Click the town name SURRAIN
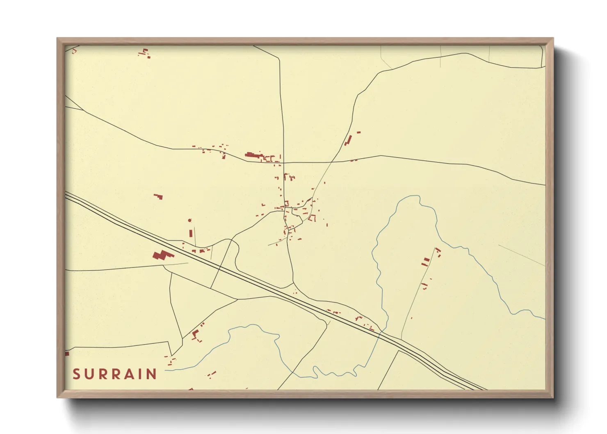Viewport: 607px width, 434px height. point(115,374)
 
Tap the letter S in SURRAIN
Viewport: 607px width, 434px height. point(76,374)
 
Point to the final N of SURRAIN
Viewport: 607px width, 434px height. point(152,374)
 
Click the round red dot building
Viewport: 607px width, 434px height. point(189,220)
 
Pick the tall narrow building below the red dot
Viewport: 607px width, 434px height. point(191,233)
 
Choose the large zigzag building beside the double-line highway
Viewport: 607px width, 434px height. point(162,256)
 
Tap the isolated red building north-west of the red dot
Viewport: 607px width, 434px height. point(158,196)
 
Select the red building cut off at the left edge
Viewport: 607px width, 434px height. point(67,353)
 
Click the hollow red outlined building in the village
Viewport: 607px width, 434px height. point(313,218)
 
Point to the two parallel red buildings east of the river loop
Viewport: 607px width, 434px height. point(426,261)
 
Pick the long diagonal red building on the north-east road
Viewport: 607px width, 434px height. point(348,139)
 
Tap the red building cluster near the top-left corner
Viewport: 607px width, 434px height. point(145,53)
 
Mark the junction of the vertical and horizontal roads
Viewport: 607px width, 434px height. point(283,162)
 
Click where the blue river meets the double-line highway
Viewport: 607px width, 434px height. point(381,332)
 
